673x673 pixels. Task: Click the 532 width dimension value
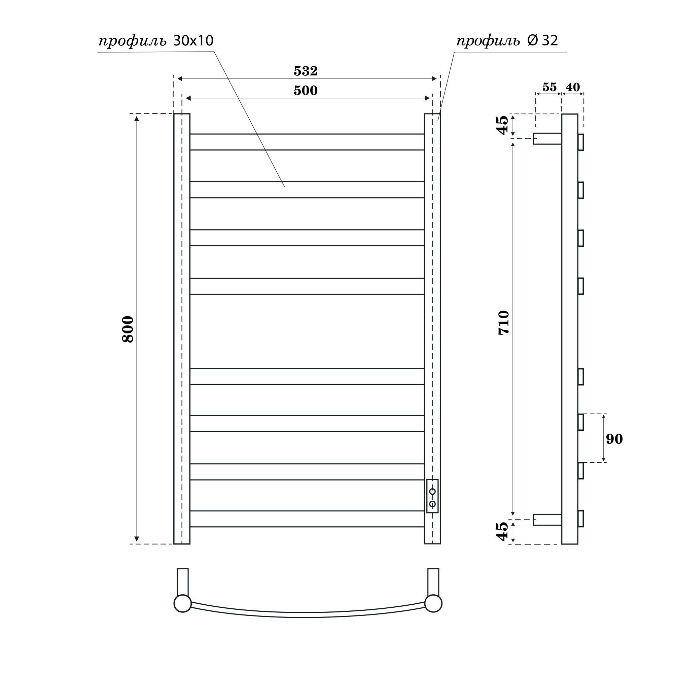(x=306, y=71)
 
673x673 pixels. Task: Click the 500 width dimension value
(x=306, y=91)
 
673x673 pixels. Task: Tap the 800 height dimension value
(x=128, y=329)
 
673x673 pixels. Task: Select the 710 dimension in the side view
(x=504, y=323)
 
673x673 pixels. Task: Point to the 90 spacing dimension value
(x=614, y=439)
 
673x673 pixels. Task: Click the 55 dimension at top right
(x=550, y=87)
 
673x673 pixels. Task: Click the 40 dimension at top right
(x=573, y=87)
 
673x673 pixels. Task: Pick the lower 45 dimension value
(x=503, y=531)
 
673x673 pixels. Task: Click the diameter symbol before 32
(x=533, y=41)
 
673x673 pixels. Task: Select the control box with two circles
(x=432, y=496)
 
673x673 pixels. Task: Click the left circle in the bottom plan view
(x=182, y=604)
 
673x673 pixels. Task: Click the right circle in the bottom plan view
(x=433, y=604)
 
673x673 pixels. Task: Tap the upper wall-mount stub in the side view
(x=547, y=138)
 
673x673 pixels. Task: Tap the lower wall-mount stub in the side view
(x=547, y=520)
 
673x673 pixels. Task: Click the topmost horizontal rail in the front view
(x=307, y=142)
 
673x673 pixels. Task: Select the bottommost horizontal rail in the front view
(x=307, y=519)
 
